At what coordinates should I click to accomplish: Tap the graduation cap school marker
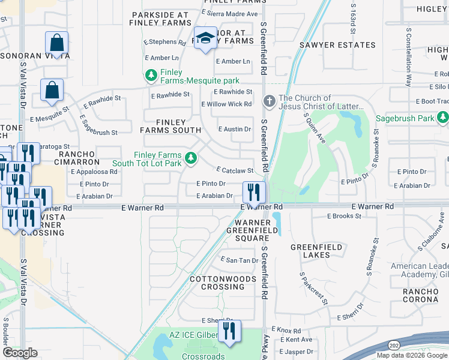point(205,38)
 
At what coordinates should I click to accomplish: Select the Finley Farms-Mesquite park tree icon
point(151,76)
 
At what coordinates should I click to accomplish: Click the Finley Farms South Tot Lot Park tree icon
point(191,158)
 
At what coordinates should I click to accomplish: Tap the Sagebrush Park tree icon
point(443,118)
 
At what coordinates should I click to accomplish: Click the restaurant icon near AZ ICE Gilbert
point(229,331)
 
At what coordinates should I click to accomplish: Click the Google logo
point(20,353)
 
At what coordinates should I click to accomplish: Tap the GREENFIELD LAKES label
point(316,251)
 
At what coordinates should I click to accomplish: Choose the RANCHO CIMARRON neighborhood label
point(79,158)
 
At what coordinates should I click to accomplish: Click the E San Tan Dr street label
point(239,260)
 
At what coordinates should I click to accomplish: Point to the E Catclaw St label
point(234,170)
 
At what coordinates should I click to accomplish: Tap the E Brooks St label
point(345,216)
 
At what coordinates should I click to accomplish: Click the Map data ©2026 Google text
point(412,355)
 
